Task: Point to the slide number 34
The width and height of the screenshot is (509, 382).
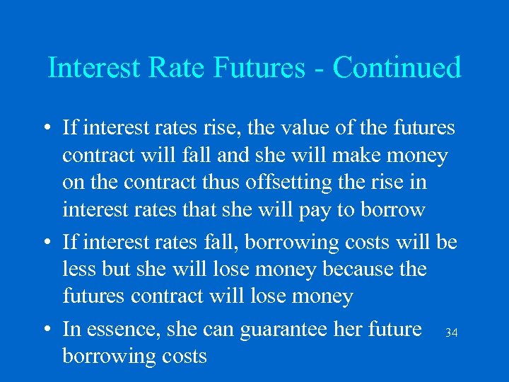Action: (x=451, y=332)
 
